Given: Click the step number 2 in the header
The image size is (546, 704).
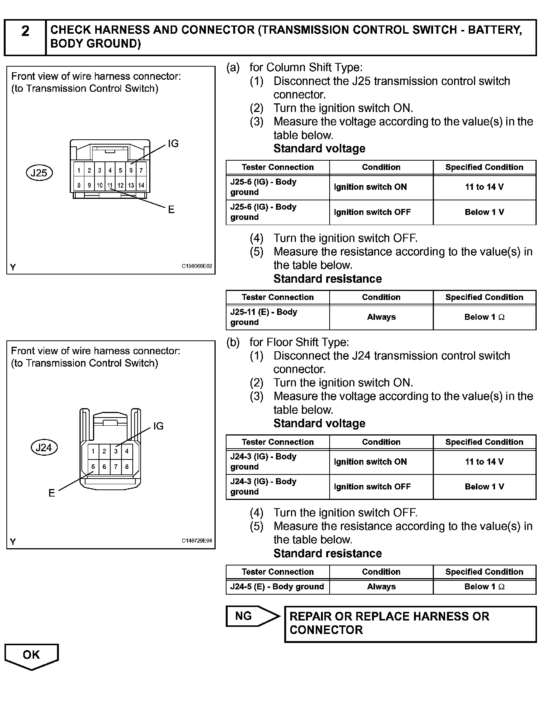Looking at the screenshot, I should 25,31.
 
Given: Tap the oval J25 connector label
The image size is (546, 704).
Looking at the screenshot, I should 39,173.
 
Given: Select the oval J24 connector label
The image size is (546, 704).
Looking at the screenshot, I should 44,447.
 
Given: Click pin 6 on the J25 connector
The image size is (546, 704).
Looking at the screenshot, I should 131,170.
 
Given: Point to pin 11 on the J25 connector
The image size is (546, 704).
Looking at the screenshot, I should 110,185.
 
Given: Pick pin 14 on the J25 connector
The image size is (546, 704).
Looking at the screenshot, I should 141,185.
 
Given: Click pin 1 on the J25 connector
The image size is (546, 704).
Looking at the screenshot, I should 79,170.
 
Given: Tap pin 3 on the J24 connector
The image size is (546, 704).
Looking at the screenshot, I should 116,452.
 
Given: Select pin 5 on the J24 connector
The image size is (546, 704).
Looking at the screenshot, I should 93,467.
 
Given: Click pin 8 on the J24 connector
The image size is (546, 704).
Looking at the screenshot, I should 127,467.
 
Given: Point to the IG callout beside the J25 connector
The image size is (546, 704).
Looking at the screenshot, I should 173,144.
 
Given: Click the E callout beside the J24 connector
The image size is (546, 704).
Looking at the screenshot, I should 52,493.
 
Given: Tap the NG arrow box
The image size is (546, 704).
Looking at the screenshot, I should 252,616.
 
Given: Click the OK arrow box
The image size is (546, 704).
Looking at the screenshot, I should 31,655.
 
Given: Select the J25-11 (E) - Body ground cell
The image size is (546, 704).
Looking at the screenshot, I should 277,317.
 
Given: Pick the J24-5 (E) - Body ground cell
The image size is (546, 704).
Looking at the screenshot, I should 277,587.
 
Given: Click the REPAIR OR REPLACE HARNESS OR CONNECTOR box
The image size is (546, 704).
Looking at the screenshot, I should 410,623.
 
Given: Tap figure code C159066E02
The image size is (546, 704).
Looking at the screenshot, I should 197,266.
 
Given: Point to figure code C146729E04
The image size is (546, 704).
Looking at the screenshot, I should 197,541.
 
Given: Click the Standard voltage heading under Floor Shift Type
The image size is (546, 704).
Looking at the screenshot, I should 319,424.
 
